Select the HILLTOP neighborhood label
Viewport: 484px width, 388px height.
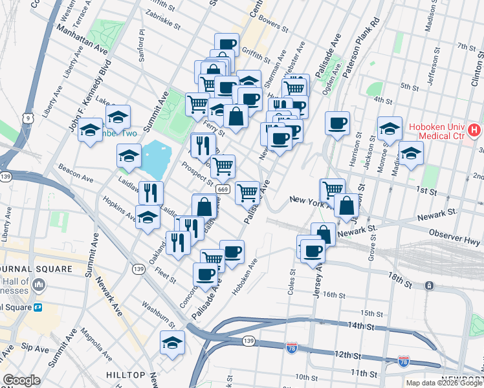click(x=126, y=375)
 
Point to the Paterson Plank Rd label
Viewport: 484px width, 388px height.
click(x=361, y=52)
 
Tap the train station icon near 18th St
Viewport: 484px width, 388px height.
click(x=428, y=285)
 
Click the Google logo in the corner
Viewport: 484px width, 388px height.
click(x=21, y=380)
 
